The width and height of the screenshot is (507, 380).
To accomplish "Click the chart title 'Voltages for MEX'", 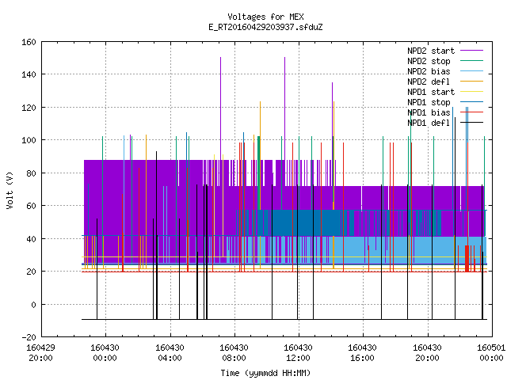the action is (265, 17).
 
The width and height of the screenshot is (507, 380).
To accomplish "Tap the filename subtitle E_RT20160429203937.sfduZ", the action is (265, 27).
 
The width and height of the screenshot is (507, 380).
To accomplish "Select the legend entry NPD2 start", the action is (431, 51).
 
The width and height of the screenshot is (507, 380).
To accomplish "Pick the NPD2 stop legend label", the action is (429, 61).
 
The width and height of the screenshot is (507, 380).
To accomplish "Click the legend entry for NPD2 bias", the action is (429, 71).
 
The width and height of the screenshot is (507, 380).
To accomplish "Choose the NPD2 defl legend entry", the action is (429, 82).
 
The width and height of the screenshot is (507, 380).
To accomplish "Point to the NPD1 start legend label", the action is (431, 92).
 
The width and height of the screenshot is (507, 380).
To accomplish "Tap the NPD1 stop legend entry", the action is (429, 102).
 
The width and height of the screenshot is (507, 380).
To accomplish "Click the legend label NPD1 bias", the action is (429, 112).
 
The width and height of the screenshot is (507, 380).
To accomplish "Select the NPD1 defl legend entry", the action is (429, 123).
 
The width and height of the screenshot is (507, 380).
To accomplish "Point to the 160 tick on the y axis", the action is (29, 42).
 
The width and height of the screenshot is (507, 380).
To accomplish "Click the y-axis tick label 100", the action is (29, 140).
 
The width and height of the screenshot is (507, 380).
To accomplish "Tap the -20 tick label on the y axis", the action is (29, 337).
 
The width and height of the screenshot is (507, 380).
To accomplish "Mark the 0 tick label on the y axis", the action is (33, 304).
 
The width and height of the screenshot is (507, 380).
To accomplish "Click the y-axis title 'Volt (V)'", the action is (10, 191).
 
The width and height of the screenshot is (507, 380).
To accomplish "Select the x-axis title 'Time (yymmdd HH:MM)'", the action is (265, 373).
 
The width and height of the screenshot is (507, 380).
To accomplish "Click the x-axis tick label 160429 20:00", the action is (40, 353).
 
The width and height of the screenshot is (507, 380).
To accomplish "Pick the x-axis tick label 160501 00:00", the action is (491, 353).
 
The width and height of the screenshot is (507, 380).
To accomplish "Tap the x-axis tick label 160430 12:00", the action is (298, 353).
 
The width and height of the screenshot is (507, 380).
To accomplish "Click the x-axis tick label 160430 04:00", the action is (170, 353).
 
